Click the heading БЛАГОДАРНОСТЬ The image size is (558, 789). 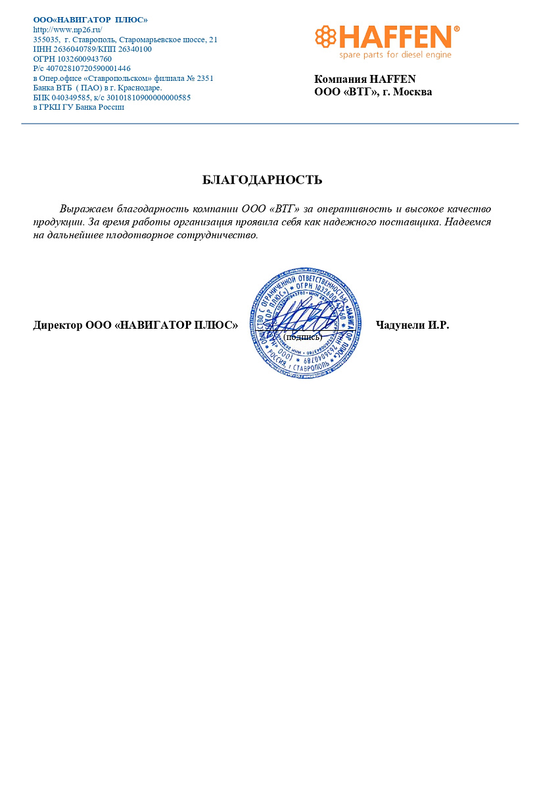click(x=262, y=179)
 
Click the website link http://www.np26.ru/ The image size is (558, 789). click(x=68, y=30)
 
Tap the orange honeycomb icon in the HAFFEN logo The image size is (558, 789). click(x=325, y=37)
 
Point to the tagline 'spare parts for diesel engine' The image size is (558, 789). click(x=395, y=55)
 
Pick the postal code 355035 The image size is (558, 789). click(x=46, y=39)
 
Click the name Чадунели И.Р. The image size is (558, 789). click(x=412, y=325)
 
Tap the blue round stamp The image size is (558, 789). click(x=306, y=322)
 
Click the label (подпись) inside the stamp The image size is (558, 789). click(x=302, y=337)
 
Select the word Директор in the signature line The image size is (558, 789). click(x=58, y=325)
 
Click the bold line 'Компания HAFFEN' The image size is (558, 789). click(x=365, y=79)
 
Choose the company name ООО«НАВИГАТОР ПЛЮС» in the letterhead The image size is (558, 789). click(x=90, y=20)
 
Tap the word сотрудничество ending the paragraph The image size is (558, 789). click(x=218, y=235)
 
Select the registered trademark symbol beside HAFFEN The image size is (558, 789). click(x=457, y=29)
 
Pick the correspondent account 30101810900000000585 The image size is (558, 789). click(x=149, y=97)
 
